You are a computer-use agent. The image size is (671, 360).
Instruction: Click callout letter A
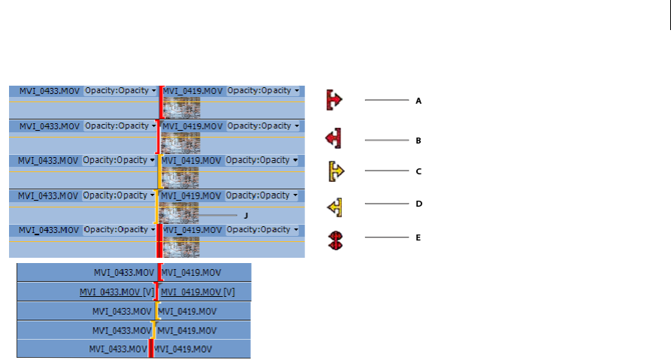pyautogui.click(x=419, y=100)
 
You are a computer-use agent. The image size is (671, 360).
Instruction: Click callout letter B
pyautogui.click(x=419, y=141)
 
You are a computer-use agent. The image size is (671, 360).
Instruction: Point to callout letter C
pyautogui.click(x=419, y=171)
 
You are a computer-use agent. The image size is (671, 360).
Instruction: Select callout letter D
pyautogui.click(x=419, y=204)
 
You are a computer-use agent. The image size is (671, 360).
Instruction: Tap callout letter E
pyautogui.click(x=419, y=237)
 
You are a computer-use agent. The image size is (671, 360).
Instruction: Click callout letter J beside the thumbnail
pyautogui.click(x=246, y=215)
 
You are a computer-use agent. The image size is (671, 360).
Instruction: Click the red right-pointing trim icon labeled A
pyautogui.click(x=334, y=99)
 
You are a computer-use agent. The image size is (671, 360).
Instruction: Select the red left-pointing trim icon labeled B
pyautogui.click(x=334, y=138)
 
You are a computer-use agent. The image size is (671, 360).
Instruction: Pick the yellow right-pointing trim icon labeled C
pyautogui.click(x=336, y=171)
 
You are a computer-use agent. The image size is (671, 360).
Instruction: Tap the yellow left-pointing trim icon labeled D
pyautogui.click(x=335, y=205)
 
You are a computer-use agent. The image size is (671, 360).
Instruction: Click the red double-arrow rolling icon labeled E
pyautogui.click(x=336, y=240)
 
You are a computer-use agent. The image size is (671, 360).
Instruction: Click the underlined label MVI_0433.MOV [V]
pyautogui.click(x=116, y=292)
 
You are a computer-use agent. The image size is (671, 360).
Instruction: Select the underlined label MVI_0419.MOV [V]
pyautogui.click(x=198, y=292)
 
